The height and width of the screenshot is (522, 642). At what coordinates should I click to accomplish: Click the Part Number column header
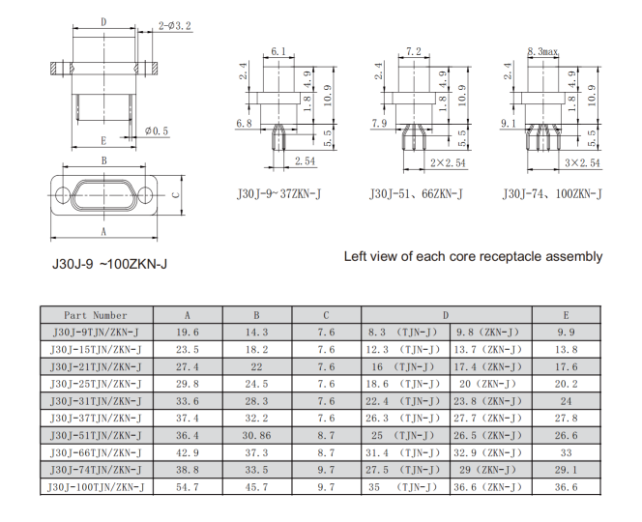(96, 315)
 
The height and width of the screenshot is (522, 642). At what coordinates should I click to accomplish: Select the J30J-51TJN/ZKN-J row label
(96, 435)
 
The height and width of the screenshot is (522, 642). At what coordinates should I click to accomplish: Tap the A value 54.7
(188, 487)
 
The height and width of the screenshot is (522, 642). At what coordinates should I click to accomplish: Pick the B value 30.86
(257, 435)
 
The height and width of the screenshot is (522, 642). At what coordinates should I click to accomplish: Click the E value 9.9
(565, 332)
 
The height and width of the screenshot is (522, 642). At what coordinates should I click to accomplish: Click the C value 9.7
(326, 487)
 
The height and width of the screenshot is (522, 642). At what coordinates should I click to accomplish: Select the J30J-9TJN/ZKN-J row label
(96, 332)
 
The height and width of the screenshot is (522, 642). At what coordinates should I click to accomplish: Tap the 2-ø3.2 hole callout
(176, 28)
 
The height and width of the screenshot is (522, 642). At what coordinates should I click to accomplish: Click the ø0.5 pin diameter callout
(157, 130)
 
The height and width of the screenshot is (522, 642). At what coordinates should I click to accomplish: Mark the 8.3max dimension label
(542, 50)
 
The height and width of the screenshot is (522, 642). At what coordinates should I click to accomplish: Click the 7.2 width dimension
(414, 50)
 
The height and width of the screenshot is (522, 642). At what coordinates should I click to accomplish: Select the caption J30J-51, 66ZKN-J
(416, 194)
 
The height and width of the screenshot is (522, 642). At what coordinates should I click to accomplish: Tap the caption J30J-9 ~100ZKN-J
(109, 262)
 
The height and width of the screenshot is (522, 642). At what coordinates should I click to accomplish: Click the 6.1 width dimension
(278, 50)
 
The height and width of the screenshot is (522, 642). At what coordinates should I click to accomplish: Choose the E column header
(565, 315)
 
